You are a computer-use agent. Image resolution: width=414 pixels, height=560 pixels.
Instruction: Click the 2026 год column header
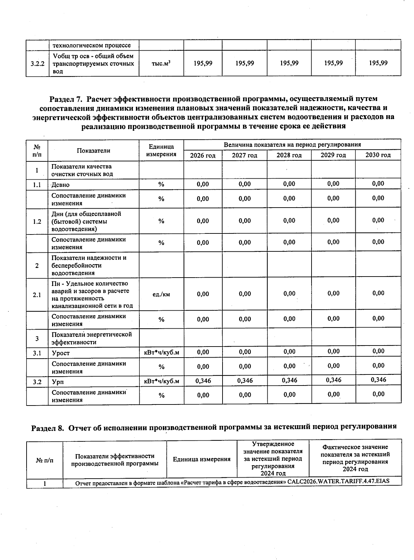pyautogui.click(x=203, y=156)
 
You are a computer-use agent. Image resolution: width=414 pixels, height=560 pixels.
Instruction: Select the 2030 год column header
pyautogui.click(x=378, y=155)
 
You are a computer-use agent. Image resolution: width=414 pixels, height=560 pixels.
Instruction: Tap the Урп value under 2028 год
pyautogui.click(x=289, y=380)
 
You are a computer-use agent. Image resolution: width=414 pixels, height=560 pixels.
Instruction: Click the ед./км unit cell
pyautogui.click(x=161, y=294)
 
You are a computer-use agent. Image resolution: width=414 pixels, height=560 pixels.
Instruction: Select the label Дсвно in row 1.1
pyautogui.click(x=61, y=185)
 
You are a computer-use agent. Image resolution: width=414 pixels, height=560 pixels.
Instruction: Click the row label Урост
pyautogui.click(x=61, y=353)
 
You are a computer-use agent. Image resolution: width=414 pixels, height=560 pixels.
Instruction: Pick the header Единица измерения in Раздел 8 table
pyautogui.click(x=201, y=459)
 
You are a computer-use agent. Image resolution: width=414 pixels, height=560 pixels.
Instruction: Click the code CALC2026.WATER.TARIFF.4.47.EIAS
pyautogui.click(x=338, y=481)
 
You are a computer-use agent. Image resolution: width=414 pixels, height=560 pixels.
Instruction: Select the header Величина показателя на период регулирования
pyautogui.click(x=292, y=145)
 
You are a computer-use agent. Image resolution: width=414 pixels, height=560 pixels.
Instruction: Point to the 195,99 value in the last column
pyautogui.click(x=378, y=63)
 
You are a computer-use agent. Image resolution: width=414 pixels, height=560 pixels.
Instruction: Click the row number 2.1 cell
pyautogui.click(x=37, y=295)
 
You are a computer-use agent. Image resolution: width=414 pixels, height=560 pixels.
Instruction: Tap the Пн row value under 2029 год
pyautogui.click(x=333, y=293)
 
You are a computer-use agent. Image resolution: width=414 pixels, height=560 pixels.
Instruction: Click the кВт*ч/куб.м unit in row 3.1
pyautogui.click(x=161, y=352)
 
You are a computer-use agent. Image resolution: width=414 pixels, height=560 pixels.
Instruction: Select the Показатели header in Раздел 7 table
pyautogui.click(x=93, y=151)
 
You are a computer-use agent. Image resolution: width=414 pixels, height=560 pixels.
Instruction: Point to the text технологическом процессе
pyautogui.click(x=91, y=46)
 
